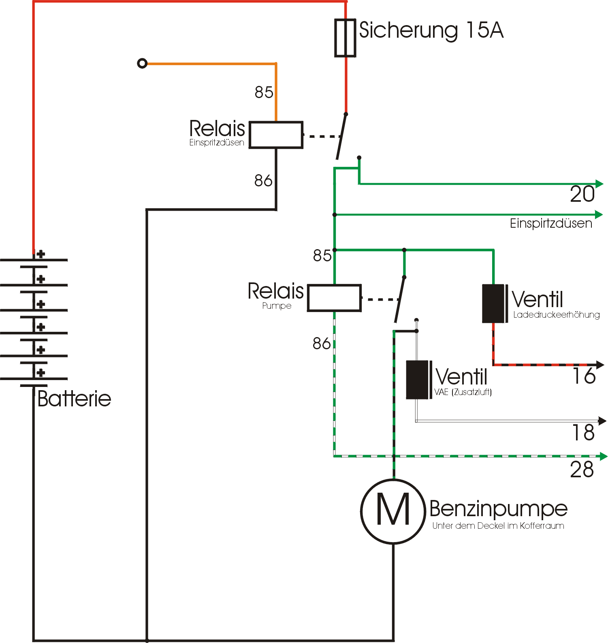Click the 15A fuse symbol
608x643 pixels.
(345, 38)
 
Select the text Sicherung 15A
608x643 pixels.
(431, 30)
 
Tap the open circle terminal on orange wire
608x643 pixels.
(142, 64)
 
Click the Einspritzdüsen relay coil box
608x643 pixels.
(276, 135)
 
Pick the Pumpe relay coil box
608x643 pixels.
(334, 298)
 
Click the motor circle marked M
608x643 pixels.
(393, 511)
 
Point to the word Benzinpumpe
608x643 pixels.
(498, 509)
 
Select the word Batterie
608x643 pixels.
(74, 399)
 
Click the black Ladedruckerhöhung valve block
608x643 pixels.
(493, 303)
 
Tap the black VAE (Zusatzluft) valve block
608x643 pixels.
(417, 380)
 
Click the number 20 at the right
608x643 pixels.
(582, 194)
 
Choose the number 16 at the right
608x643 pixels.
(584, 376)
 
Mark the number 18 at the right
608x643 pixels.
(583, 432)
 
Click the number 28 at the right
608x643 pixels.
(582, 470)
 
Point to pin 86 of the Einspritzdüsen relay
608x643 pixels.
(263, 181)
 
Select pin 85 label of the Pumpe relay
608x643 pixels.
(322, 255)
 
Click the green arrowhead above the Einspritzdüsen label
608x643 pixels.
(599, 214)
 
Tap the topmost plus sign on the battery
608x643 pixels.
(41, 254)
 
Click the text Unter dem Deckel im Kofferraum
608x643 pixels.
(498, 526)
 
